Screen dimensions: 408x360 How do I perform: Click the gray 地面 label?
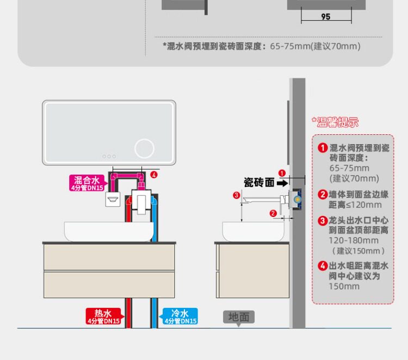[x=238, y=317]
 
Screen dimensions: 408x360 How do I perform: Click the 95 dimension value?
[x=325, y=17]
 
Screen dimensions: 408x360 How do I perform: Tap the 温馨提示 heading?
[x=335, y=122]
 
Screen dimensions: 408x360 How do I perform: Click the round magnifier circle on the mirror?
[x=144, y=148]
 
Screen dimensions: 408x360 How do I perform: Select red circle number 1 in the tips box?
[x=323, y=148]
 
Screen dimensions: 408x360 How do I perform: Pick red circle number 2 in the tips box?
[x=323, y=195]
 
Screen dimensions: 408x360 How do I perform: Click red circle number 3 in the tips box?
[x=323, y=220]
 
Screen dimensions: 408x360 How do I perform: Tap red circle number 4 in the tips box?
[x=323, y=266]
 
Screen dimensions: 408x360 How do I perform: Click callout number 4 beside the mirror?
[x=154, y=175]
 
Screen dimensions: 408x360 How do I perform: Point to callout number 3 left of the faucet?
[x=236, y=195]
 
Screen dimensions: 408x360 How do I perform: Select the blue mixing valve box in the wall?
[x=296, y=198]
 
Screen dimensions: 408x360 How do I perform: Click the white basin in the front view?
[x=109, y=232]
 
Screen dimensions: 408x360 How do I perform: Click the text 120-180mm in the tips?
[x=353, y=240]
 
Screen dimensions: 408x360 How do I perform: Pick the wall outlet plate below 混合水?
[x=113, y=198]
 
